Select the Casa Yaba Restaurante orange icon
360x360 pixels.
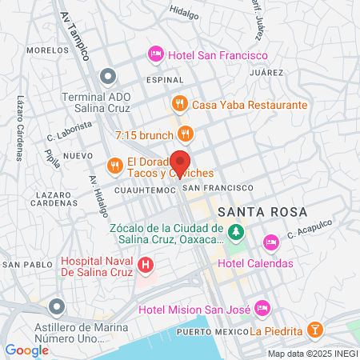180,105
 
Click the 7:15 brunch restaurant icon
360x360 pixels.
186,132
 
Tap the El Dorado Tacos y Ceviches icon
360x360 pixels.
116,166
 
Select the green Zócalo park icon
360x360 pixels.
235,232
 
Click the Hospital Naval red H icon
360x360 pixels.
146,264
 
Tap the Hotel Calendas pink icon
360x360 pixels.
270,240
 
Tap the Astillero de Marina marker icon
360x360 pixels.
55,306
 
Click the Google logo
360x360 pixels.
26,350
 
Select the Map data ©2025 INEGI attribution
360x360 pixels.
311,354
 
